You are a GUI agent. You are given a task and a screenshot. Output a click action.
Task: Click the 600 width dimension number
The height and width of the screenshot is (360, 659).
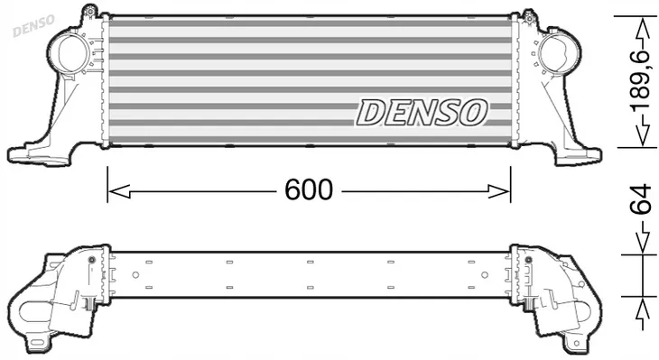pyautogui.click(x=310, y=190)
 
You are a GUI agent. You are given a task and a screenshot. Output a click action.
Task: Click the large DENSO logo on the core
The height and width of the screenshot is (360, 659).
pyautogui.click(x=422, y=112)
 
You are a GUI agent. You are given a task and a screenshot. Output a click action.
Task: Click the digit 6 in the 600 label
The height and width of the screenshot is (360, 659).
pyautogui.click(x=294, y=190)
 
